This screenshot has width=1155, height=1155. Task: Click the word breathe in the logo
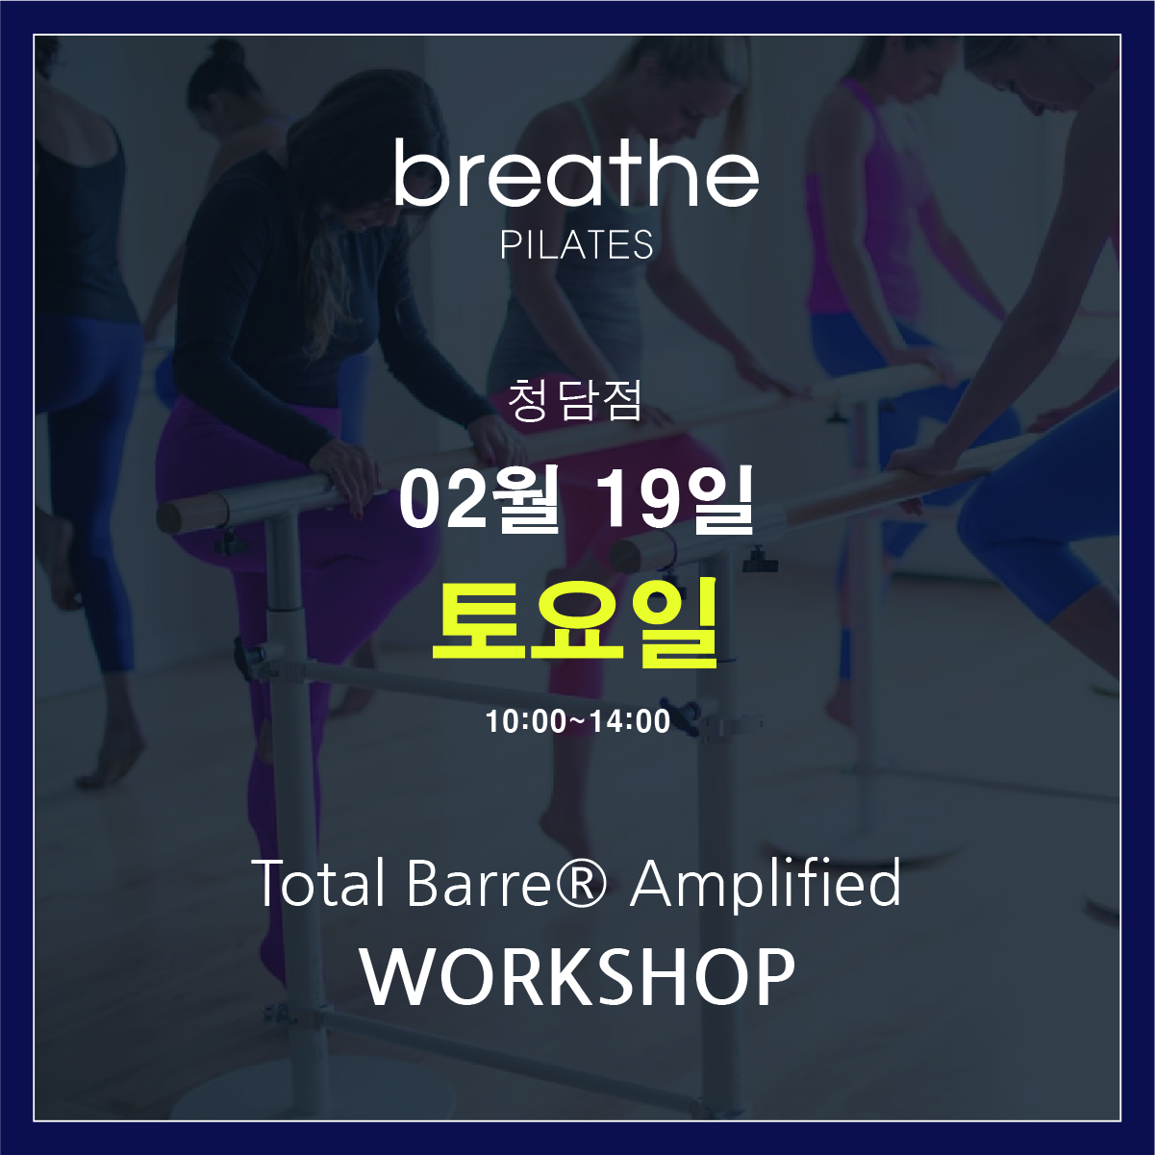pyautogui.click(x=577, y=173)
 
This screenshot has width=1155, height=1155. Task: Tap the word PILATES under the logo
pyautogui.click(x=577, y=244)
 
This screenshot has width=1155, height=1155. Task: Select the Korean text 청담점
pyautogui.click(x=575, y=401)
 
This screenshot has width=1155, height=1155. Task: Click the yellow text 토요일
pyautogui.click(x=575, y=622)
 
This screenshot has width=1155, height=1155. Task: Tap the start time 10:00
pyautogui.click(x=526, y=721)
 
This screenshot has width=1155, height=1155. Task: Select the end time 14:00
pyautogui.click(x=630, y=721)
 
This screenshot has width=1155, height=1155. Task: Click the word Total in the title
pyautogui.click(x=319, y=883)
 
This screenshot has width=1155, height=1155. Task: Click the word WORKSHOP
pyautogui.click(x=578, y=978)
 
